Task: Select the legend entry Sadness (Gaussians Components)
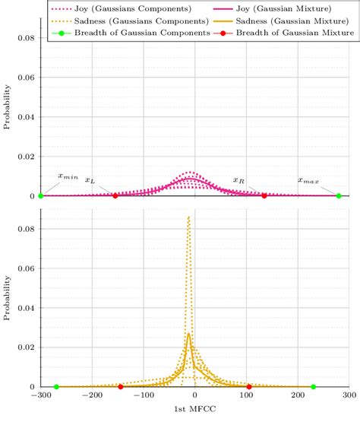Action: pos(115,20)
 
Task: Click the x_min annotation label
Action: pos(68,176)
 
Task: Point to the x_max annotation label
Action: pos(308,180)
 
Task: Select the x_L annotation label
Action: pos(90,180)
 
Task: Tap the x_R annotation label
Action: pos(238,180)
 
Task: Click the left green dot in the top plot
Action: pos(40,196)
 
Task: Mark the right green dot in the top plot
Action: pos(339,196)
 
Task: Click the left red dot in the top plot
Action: pos(115,196)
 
